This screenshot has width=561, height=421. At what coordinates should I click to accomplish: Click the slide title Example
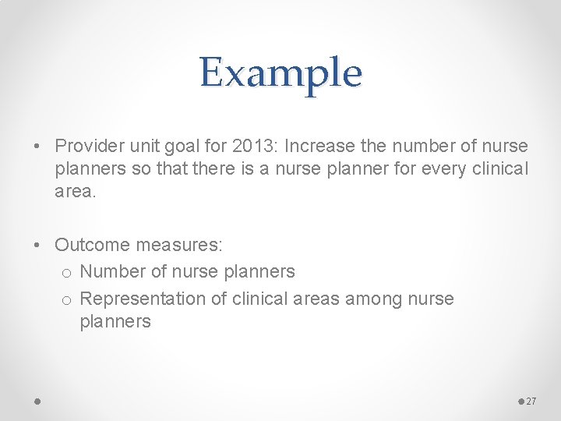coord(280,73)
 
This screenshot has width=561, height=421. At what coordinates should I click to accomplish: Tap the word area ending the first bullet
coord(73,191)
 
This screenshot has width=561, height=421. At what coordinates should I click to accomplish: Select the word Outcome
coord(92,245)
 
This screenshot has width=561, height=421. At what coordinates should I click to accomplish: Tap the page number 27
coord(531,401)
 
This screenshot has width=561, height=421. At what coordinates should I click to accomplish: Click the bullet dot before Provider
coord(39,147)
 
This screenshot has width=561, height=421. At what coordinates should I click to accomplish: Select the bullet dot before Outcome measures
coord(39,246)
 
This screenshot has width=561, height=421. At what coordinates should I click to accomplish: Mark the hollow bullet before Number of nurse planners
coord(66,272)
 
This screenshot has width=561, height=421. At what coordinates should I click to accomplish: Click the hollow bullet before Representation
coord(66,299)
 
